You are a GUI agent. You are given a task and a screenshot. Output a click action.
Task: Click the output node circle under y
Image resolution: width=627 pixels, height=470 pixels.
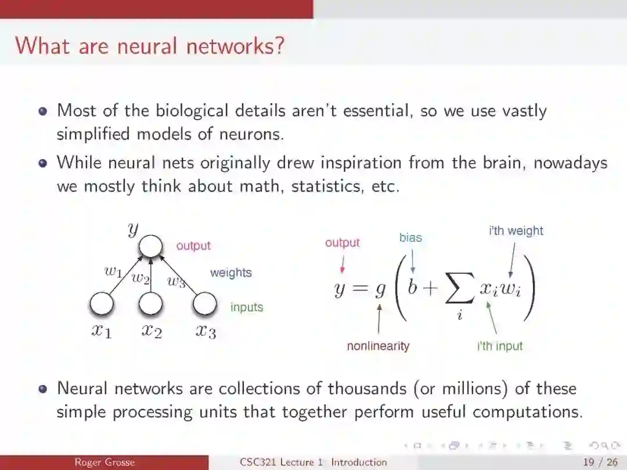150,246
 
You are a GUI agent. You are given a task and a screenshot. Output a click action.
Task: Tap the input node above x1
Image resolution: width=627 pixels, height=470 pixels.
101,305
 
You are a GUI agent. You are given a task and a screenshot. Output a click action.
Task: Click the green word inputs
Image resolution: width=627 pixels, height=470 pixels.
247,307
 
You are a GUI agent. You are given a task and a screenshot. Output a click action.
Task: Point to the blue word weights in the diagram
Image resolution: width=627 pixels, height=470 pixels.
230,273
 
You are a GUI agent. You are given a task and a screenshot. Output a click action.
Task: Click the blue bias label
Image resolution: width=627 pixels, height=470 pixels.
410,237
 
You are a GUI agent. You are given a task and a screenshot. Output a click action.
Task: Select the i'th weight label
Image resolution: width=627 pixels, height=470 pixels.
516,231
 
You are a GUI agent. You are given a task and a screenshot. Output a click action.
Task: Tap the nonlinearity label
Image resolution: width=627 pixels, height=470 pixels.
378,346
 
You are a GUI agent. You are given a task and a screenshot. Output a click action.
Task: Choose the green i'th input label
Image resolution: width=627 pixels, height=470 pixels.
500,346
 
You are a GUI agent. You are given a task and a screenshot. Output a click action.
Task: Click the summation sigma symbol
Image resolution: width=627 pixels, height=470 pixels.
459,291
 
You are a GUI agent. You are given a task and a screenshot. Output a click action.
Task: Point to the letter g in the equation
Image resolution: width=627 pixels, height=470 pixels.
380,289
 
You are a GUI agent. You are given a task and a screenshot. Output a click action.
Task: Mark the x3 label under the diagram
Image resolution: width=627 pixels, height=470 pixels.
206,331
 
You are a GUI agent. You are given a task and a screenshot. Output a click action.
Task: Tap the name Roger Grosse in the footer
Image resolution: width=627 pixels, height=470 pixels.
105,462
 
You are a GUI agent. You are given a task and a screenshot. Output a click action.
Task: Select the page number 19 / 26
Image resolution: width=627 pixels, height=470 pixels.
600,462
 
